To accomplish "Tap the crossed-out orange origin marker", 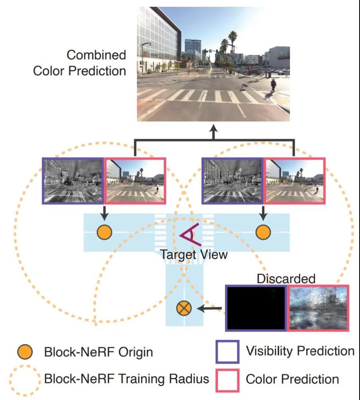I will pos(184,308).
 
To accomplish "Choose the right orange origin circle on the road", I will pos(263,232).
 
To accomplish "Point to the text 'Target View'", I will pos(194,254).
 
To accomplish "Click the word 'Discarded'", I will pos(286,279).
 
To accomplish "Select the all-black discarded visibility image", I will pos(256,308).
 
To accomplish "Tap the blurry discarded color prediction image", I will pos(318,308).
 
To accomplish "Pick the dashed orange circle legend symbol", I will pos(25,379).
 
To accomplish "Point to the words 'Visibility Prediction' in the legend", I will pos(300,351).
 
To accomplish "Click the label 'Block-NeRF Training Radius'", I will pos(127,379).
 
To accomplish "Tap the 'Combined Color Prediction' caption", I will pos(80,63).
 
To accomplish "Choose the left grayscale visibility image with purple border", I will pos(73,181).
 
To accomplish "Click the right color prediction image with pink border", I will pos(295,181).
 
